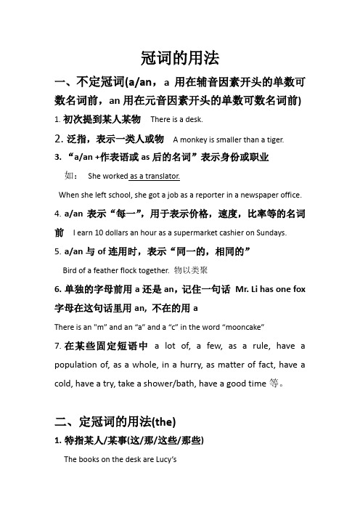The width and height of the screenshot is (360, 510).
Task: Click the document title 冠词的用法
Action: [x=179, y=58]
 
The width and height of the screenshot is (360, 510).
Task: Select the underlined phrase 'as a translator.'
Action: [x=155, y=176]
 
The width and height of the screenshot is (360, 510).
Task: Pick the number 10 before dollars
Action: [x=105, y=233]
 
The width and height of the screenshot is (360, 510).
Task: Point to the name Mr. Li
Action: [x=250, y=288]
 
